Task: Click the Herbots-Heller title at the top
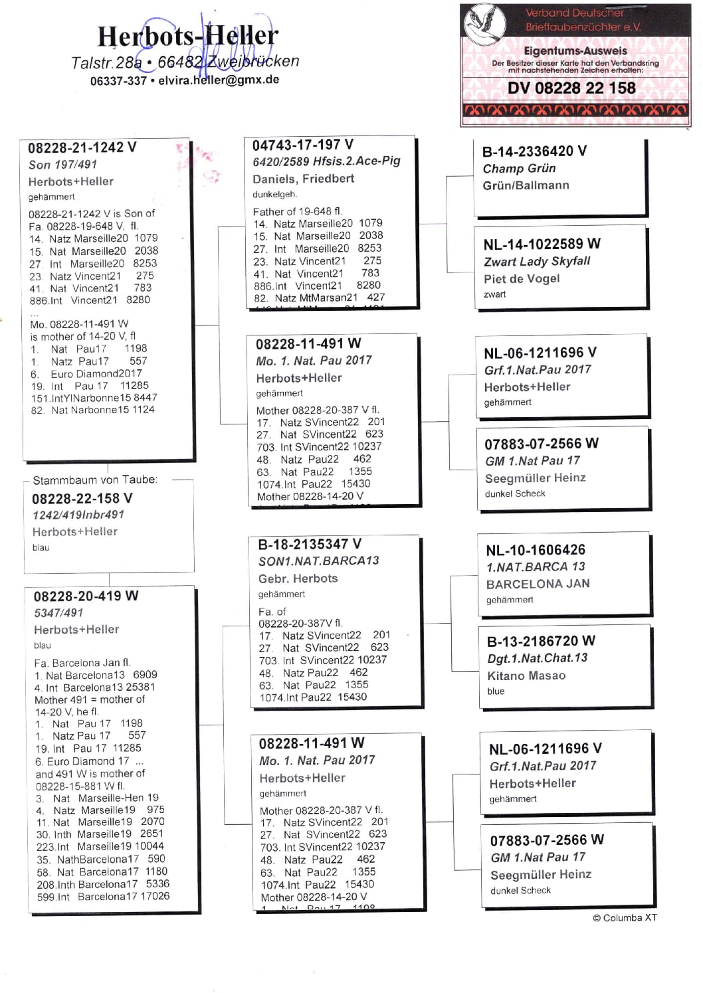click(x=187, y=36)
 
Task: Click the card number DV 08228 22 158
click(x=571, y=88)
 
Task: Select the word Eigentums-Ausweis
click(x=575, y=51)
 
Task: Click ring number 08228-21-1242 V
click(x=82, y=147)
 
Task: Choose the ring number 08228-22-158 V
click(x=82, y=498)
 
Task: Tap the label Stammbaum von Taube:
click(x=95, y=480)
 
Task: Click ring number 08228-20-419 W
click(x=86, y=596)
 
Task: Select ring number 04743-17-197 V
click(x=303, y=145)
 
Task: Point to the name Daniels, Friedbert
click(x=304, y=179)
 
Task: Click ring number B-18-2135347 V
click(x=310, y=544)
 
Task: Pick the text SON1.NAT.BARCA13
click(x=319, y=561)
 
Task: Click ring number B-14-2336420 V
click(x=534, y=151)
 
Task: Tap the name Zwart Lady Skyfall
click(x=537, y=261)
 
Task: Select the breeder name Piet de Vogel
click(x=522, y=278)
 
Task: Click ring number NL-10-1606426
click(x=536, y=550)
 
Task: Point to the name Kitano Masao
click(x=526, y=676)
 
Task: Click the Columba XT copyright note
click(x=625, y=917)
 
